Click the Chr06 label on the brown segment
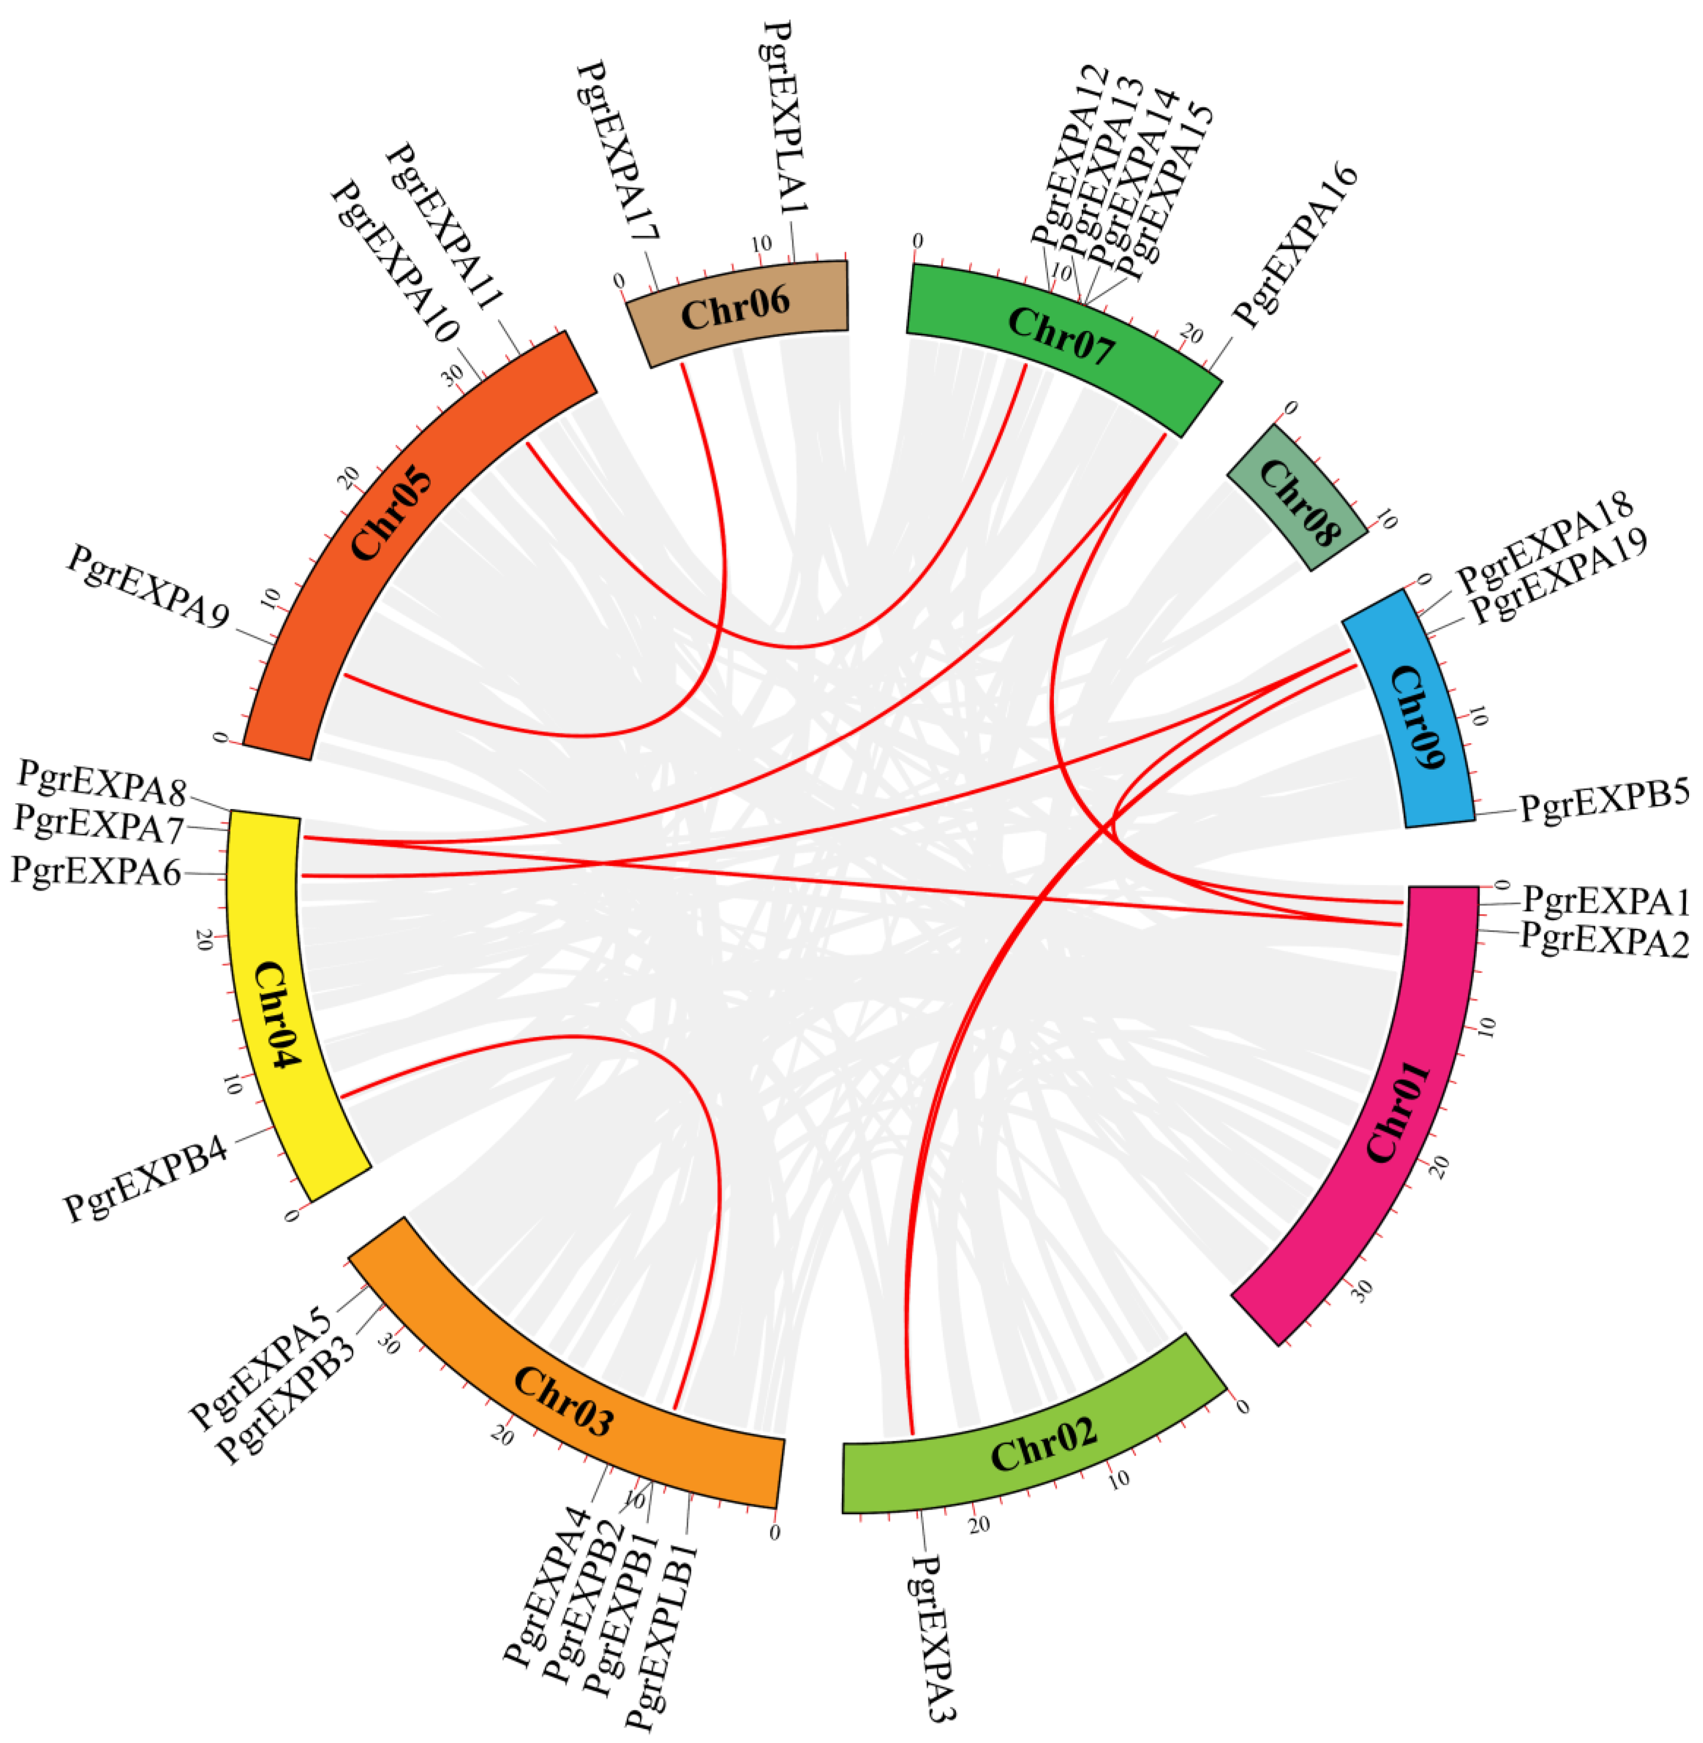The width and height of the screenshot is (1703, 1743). (x=735, y=313)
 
